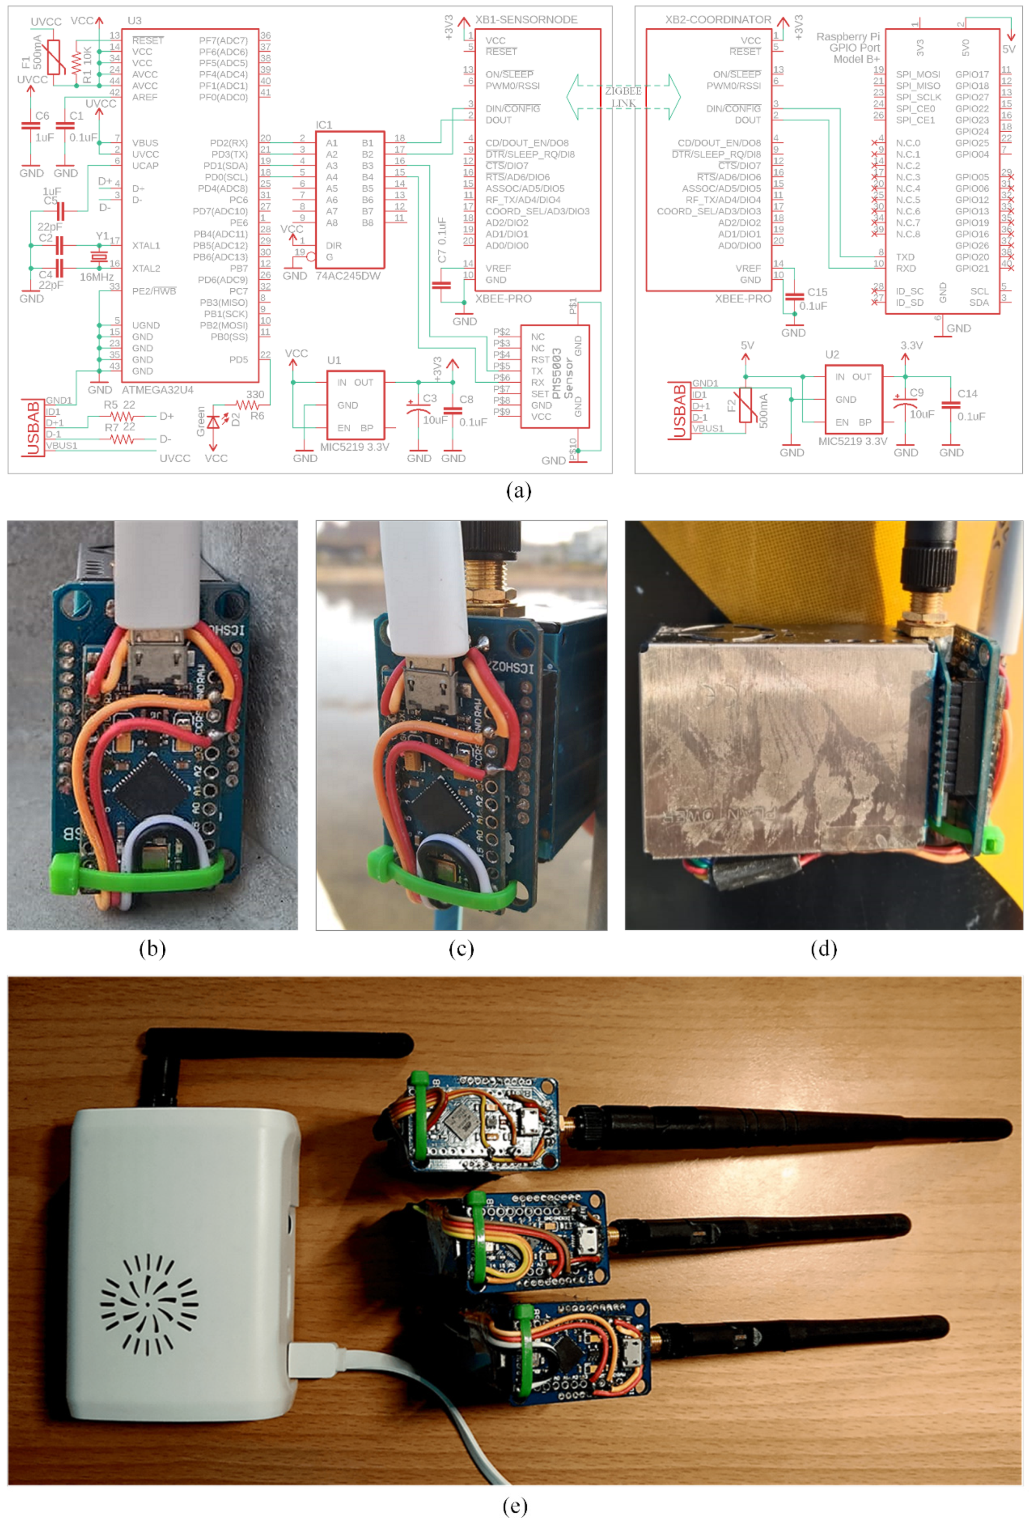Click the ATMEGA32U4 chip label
tap(157, 390)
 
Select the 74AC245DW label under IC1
tap(347, 276)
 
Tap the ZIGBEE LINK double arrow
tap(622, 97)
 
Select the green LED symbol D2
tap(213, 422)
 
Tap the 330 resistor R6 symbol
tap(248, 406)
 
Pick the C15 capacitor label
tap(816, 292)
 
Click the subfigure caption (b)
tap(152, 948)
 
